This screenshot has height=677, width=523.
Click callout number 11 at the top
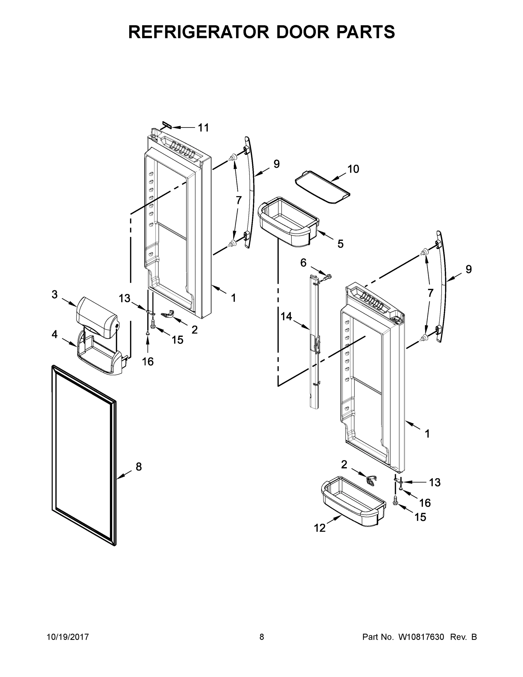point(204,128)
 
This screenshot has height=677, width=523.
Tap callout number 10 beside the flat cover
point(353,169)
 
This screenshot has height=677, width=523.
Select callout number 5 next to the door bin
point(340,244)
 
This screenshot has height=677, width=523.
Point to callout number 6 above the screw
point(303,263)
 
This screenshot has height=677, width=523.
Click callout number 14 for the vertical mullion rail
point(286,316)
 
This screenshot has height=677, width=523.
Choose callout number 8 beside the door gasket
point(138,467)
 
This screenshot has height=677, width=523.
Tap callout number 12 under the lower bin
point(320,528)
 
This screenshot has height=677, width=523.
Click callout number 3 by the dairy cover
point(54,294)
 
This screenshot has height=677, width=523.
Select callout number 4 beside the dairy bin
point(54,334)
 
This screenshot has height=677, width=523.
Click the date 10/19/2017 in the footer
point(68,637)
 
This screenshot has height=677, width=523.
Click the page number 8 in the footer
point(262,637)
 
